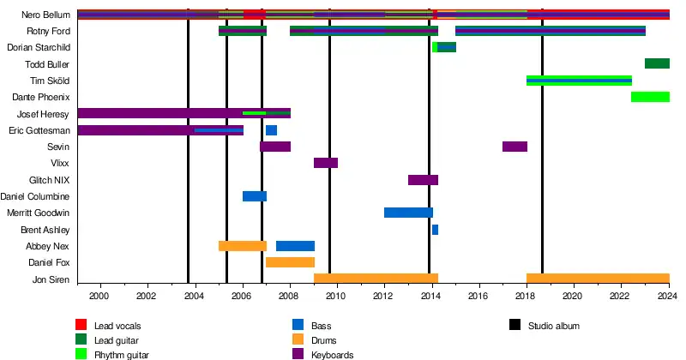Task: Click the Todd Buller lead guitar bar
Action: click(657, 63)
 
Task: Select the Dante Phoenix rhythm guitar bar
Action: click(650, 97)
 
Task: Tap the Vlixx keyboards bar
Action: click(326, 163)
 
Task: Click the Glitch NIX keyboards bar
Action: click(423, 180)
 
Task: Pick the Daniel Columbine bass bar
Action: click(255, 196)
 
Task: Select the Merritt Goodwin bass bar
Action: click(408, 213)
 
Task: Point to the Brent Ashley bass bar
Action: click(435, 230)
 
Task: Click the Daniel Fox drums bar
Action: click(290, 262)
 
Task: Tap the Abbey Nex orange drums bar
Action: click(243, 246)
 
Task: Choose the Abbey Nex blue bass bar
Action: click(295, 246)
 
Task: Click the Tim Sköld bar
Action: click(579, 81)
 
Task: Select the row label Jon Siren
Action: click(51, 279)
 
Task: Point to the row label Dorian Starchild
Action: click(39, 47)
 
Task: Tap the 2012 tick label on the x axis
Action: click(383, 295)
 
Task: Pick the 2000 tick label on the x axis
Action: click(100, 295)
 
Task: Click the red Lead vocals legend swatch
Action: click(82, 325)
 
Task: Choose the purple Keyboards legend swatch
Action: click(298, 354)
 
